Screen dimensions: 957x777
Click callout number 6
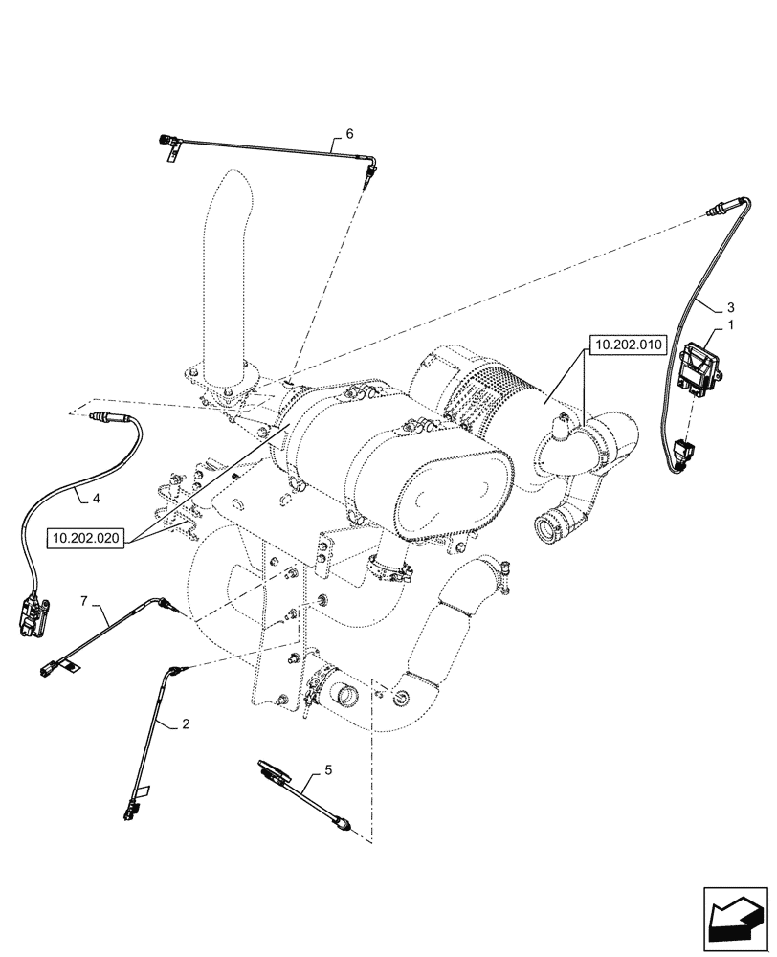pyautogui.click(x=337, y=134)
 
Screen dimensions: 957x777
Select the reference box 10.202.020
pyautogui.click(x=86, y=539)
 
